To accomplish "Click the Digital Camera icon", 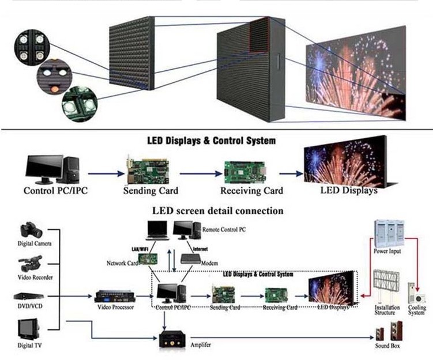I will [31, 230].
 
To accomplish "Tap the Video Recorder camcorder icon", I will [31, 264].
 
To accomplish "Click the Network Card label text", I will [121, 263].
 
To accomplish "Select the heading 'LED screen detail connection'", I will [217, 211].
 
